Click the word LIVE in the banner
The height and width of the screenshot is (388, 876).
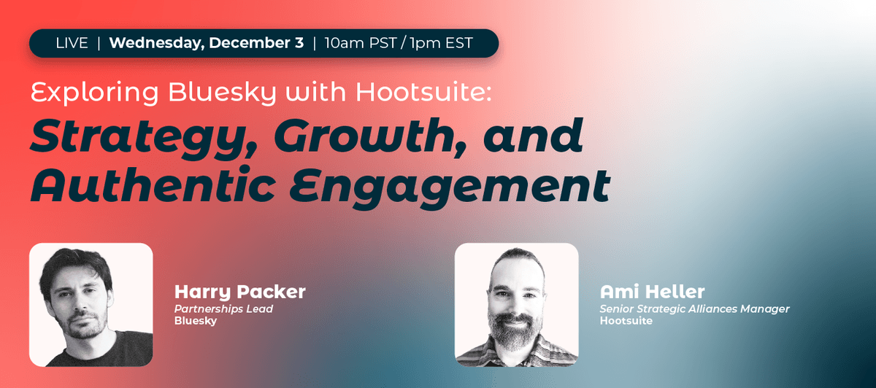(x=72, y=43)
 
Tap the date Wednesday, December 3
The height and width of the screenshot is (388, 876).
(x=206, y=43)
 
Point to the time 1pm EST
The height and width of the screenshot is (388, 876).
(x=441, y=43)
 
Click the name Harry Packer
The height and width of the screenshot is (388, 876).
(x=239, y=293)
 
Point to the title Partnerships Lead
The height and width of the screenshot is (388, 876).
(x=223, y=309)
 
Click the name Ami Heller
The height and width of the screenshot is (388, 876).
(x=653, y=293)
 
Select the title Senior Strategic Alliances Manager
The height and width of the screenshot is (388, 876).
(x=694, y=309)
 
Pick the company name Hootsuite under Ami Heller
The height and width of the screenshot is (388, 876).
(x=626, y=321)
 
